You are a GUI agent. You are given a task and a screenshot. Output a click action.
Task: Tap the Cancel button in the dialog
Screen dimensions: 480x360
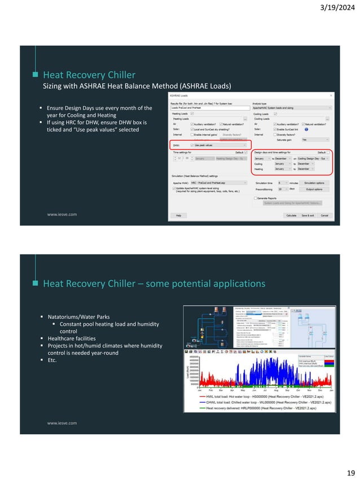click(x=324, y=215)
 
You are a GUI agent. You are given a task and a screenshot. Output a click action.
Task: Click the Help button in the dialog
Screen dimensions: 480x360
click(x=178, y=215)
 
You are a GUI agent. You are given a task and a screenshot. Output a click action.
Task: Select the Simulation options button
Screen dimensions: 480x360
click(x=314, y=183)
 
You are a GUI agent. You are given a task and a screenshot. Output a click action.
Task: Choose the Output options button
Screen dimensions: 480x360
click(x=314, y=190)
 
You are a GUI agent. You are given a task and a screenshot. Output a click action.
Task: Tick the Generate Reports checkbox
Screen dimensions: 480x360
click(x=256, y=198)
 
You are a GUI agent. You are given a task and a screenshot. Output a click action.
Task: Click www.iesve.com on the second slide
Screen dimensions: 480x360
click(x=62, y=422)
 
